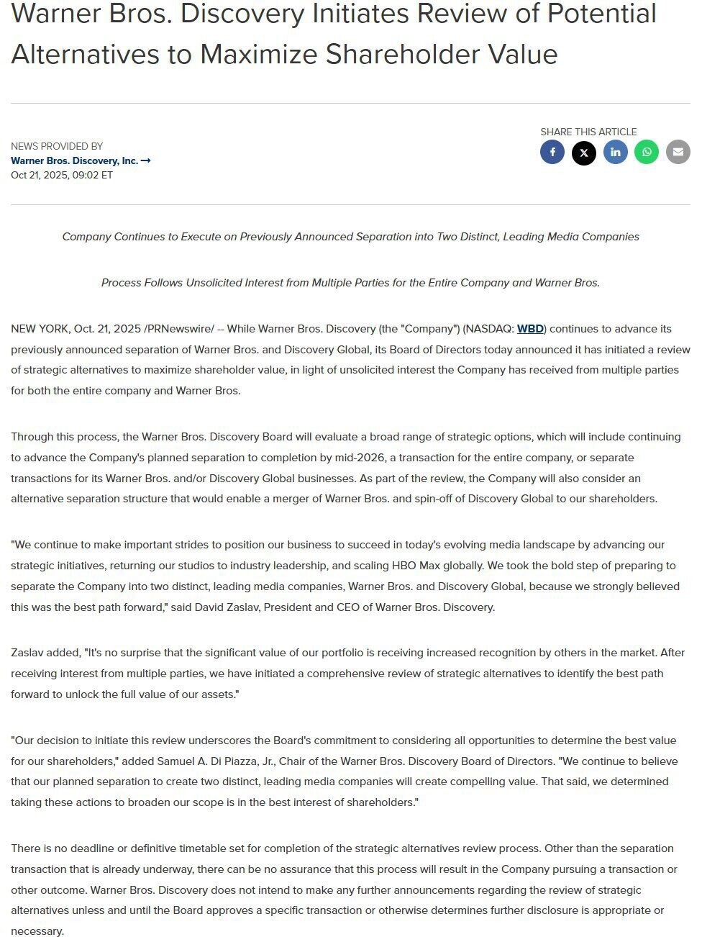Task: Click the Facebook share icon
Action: pos(552,152)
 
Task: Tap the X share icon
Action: pos(584,153)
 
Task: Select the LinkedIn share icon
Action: pos(616,152)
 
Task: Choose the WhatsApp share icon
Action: pos(647,152)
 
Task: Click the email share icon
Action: pos(678,152)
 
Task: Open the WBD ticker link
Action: pos(530,329)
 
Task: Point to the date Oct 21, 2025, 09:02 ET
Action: pos(62,175)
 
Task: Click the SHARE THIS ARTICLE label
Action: pos(588,132)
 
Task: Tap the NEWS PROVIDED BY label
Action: pos(57,146)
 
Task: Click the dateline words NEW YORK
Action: pos(40,329)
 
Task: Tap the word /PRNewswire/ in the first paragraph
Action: pos(179,329)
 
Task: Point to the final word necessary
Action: pos(37,931)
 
